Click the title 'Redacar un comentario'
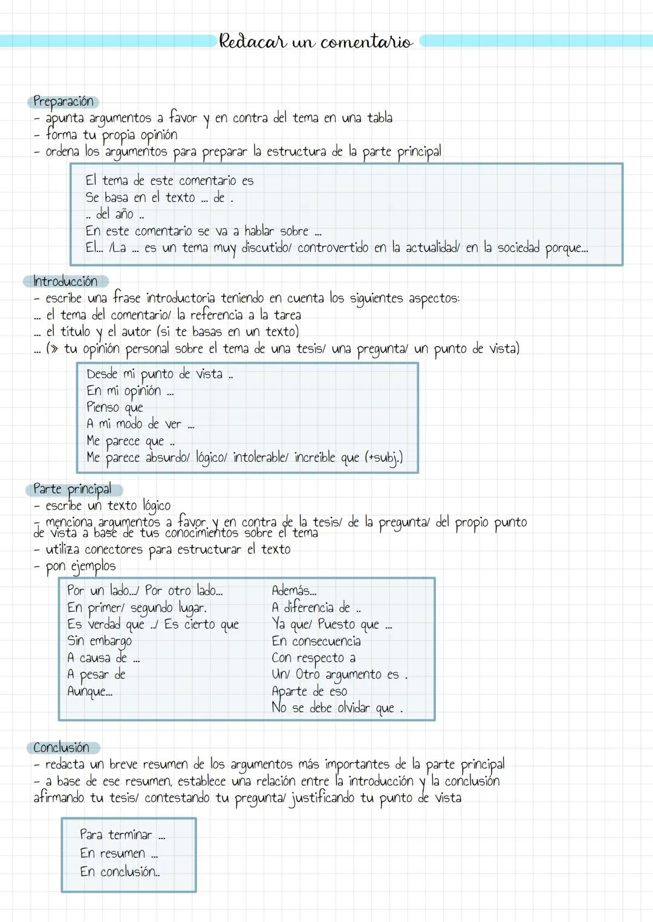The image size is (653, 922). (x=316, y=42)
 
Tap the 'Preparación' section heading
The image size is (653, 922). (x=63, y=102)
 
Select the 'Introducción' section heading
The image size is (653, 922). (x=65, y=281)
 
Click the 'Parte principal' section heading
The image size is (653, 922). (x=73, y=489)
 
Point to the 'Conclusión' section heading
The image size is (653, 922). (x=61, y=747)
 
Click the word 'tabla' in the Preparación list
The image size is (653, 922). (x=380, y=117)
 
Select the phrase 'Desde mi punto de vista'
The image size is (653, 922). (x=155, y=374)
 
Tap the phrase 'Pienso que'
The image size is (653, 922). (x=115, y=407)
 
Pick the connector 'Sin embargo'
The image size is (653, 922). (x=99, y=641)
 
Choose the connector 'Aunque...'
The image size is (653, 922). (x=89, y=691)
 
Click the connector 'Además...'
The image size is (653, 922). (x=294, y=591)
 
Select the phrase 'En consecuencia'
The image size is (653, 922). (x=316, y=641)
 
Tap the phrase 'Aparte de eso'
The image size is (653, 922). (x=310, y=691)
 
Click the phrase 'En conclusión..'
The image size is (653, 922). (x=120, y=872)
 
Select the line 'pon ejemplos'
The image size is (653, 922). (x=80, y=567)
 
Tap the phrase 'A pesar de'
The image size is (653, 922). (x=96, y=674)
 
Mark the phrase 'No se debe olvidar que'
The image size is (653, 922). (x=333, y=708)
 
